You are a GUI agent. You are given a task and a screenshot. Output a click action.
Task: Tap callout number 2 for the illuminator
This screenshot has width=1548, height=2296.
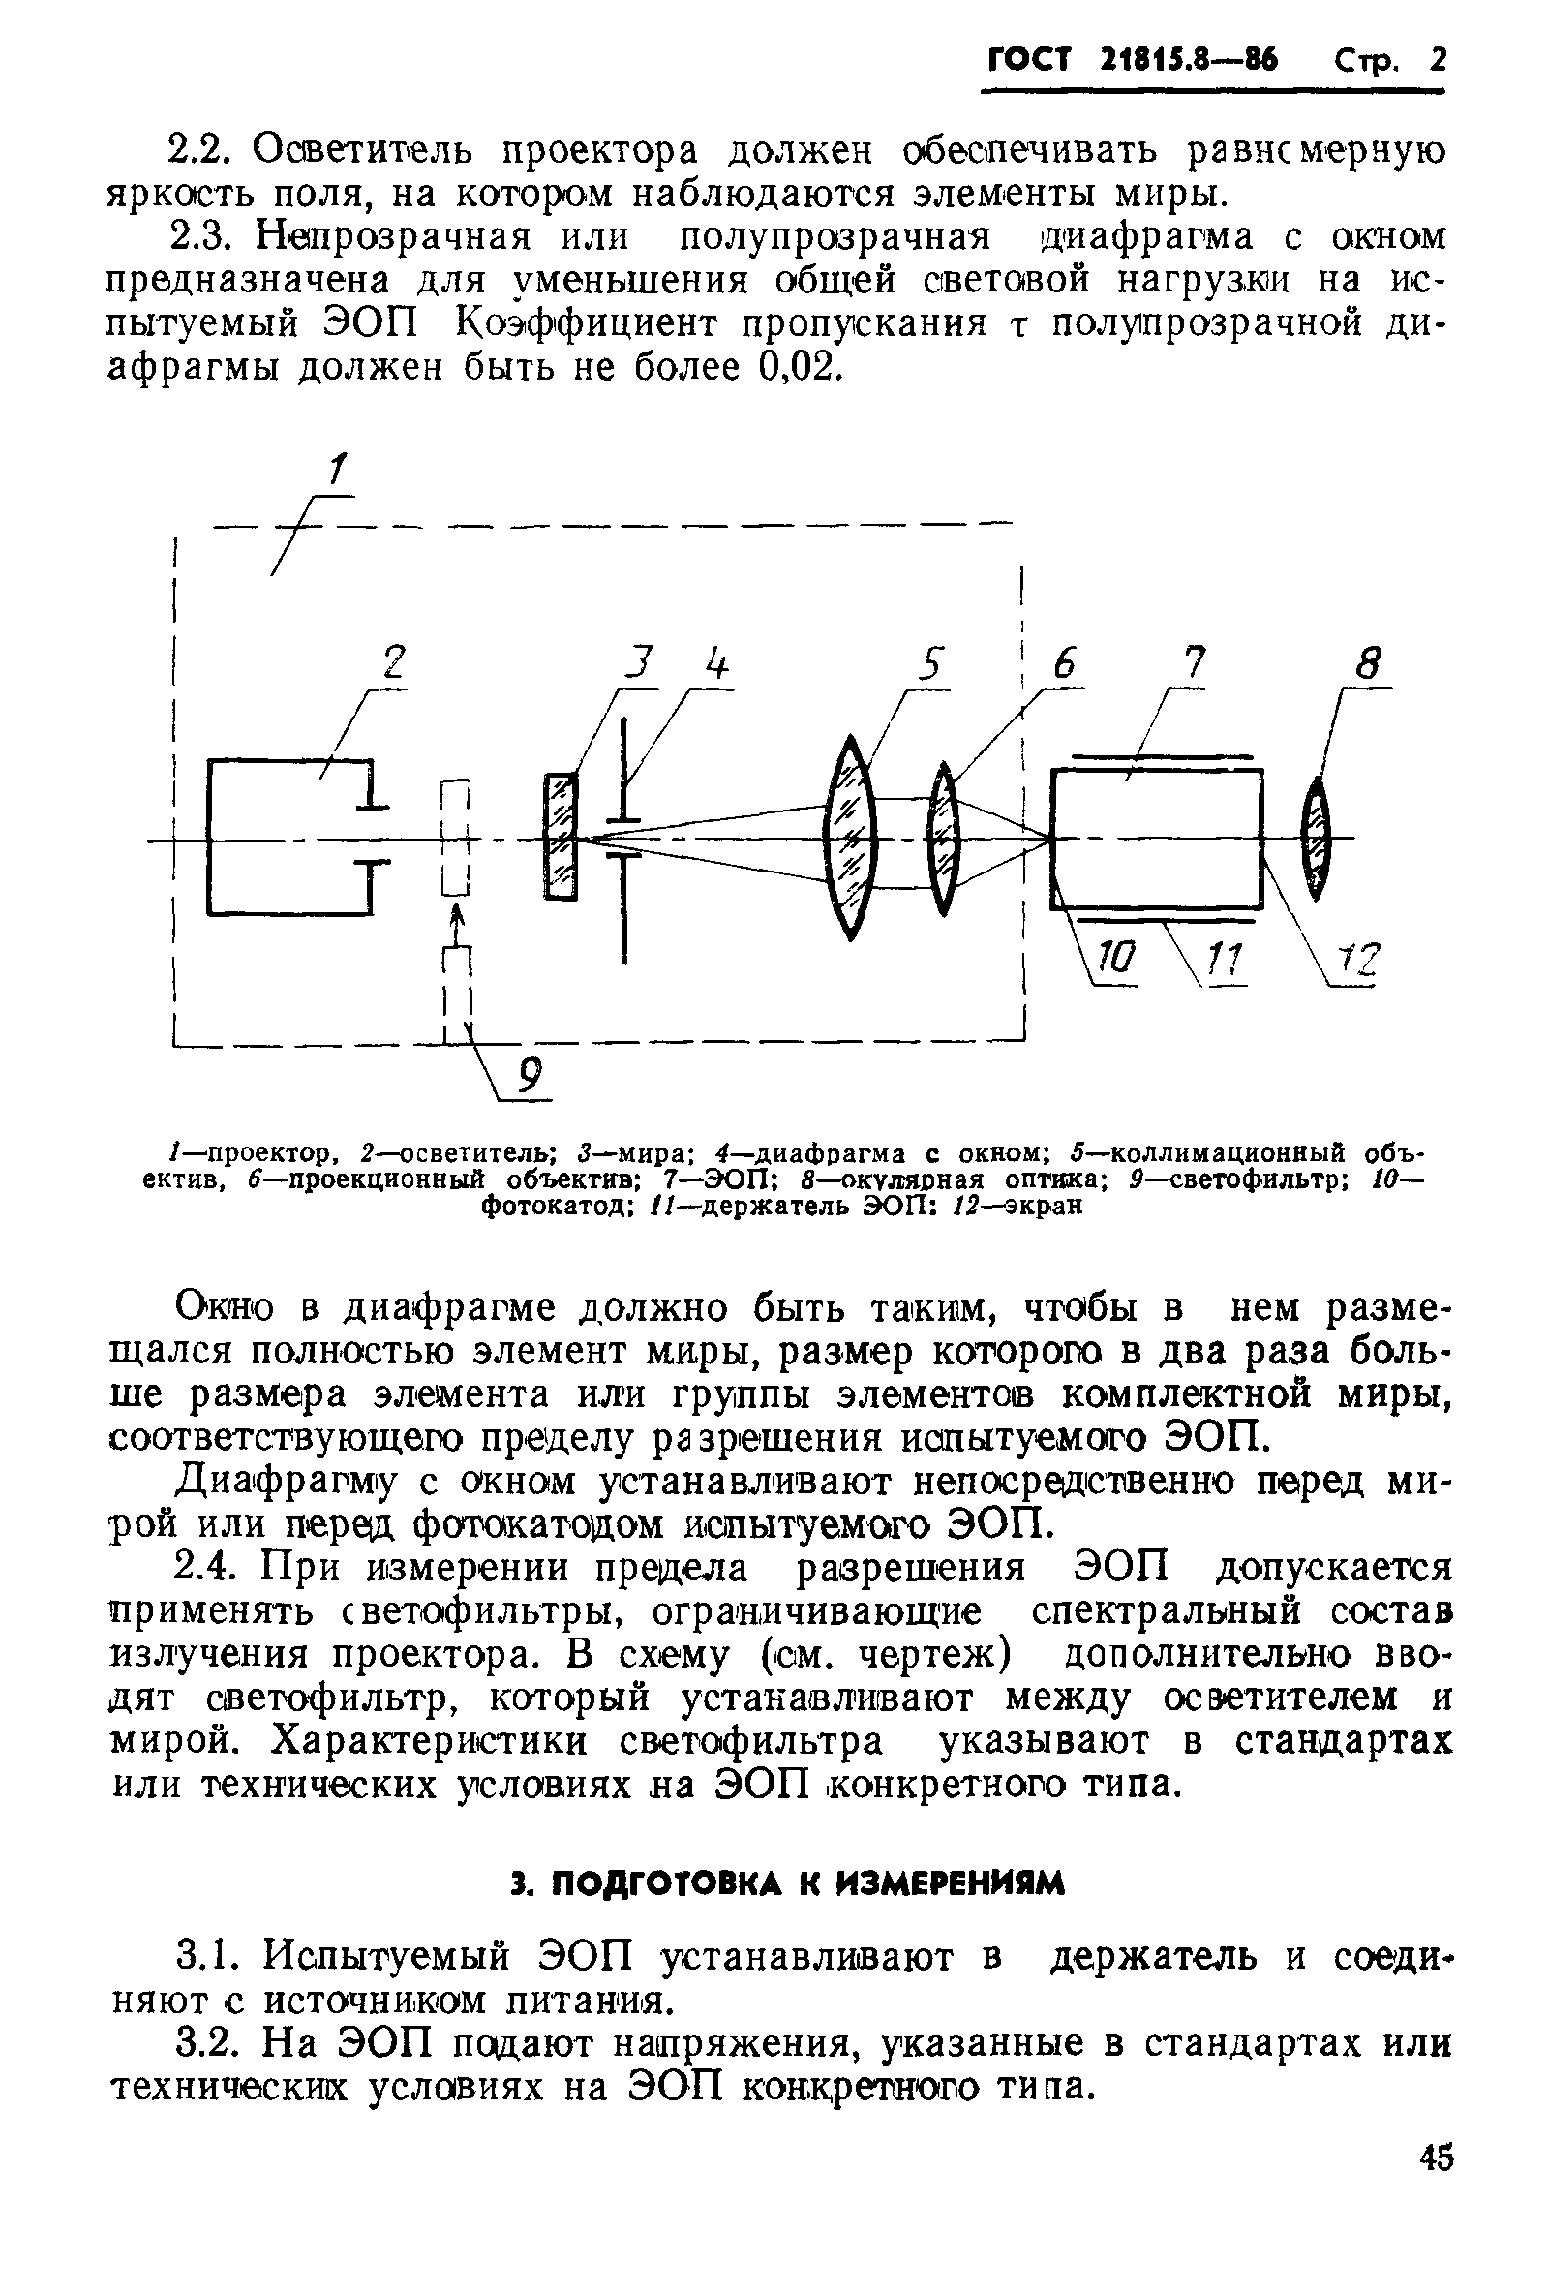coord(394,661)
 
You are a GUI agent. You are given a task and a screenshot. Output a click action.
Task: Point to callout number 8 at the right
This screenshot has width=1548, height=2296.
coord(1367,662)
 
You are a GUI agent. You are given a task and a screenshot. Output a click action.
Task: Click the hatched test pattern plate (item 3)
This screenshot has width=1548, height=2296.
coord(561,837)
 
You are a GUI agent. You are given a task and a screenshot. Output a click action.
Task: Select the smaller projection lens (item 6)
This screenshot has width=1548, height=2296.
coord(944,839)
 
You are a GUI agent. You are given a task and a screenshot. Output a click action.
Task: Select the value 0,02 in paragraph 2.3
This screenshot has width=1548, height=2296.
coord(801,367)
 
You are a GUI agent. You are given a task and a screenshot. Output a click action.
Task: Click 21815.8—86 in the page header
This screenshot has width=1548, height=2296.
coord(1189,61)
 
